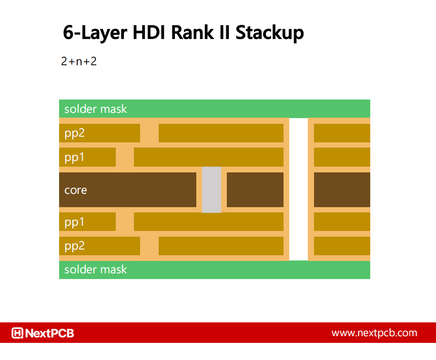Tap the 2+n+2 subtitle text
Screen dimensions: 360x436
[79, 61]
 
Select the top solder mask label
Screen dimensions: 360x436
[96, 109]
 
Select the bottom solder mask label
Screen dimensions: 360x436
[96, 270]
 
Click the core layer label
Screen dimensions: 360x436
[76, 190]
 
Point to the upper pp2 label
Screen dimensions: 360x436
[74, 133]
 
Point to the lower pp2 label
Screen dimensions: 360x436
[74, 246]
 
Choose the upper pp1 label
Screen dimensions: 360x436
[74, 157]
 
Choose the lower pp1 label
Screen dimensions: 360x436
[74, 222]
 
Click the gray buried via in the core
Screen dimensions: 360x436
[212, 190]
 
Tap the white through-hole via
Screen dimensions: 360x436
[299, 189]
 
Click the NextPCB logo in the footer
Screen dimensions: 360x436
[43, 333]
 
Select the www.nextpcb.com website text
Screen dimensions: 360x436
[374, 333]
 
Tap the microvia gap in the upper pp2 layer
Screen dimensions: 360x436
[149, 133]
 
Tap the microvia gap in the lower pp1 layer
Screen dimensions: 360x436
[125, 222]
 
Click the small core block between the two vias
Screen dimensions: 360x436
[255, 190]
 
